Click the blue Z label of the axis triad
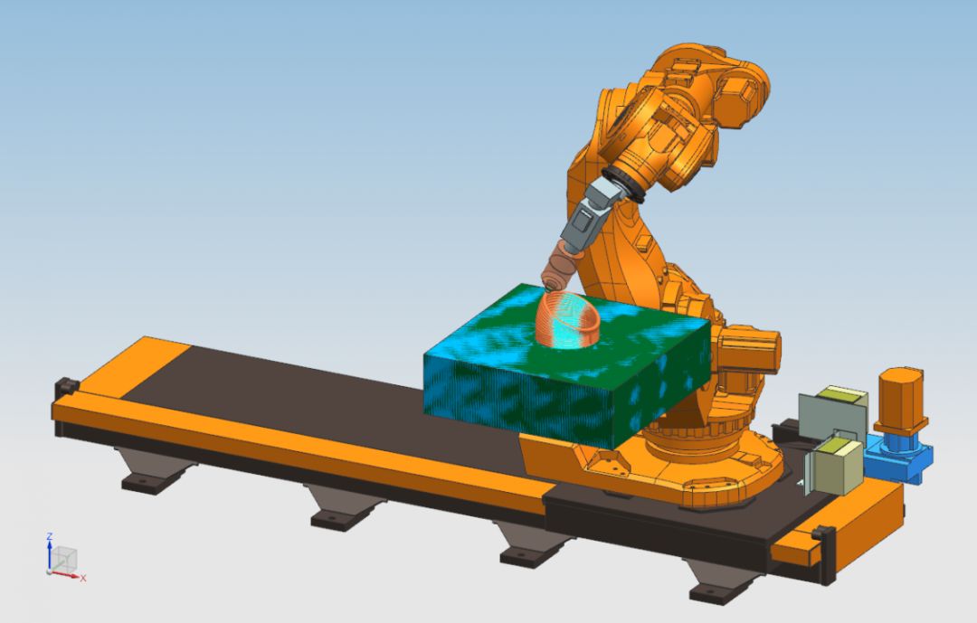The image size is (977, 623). [x=49, y=536]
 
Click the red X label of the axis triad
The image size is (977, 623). [x=83, y=579]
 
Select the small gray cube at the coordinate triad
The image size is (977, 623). [x=64, y=559]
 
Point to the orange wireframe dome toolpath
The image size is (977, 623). [x=568, y=318]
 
